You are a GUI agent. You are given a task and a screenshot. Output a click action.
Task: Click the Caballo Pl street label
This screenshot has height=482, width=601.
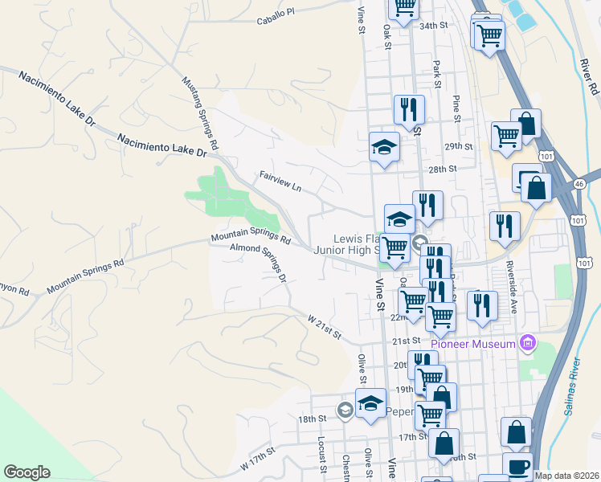click(x=276, y=12)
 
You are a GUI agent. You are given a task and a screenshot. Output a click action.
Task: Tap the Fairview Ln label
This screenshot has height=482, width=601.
click(x=280, y=181)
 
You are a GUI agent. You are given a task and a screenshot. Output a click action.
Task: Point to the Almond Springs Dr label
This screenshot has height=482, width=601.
click(x=258, y=263)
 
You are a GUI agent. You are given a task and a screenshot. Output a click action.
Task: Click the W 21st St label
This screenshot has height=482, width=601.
click(x=325, y=325)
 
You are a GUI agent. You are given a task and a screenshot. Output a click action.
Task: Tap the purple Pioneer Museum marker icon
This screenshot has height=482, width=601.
click(x=527, y=345)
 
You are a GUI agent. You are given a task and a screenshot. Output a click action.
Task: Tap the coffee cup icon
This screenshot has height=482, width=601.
click(x=518, y=467)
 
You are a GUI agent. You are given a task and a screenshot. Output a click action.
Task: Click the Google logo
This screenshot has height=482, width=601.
click(x=27, y=472)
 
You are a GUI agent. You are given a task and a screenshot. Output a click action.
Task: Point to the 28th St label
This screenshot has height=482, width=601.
click(x=442, y=170)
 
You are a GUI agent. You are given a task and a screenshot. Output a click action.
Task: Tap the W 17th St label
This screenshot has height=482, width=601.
click(x=257, y=461)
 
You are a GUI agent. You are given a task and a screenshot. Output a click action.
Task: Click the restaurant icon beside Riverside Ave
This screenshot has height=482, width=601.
click(x=504, y=225)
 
